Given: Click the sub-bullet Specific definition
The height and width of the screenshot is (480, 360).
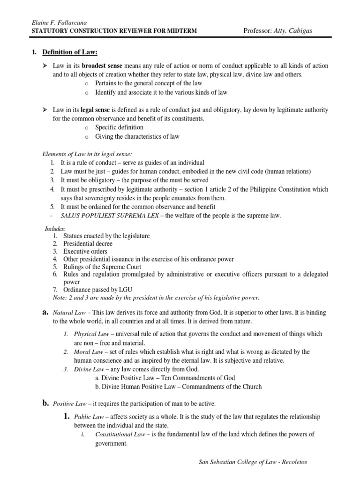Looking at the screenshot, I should point(119,127).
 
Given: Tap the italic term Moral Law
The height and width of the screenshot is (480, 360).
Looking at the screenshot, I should point(76,352).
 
